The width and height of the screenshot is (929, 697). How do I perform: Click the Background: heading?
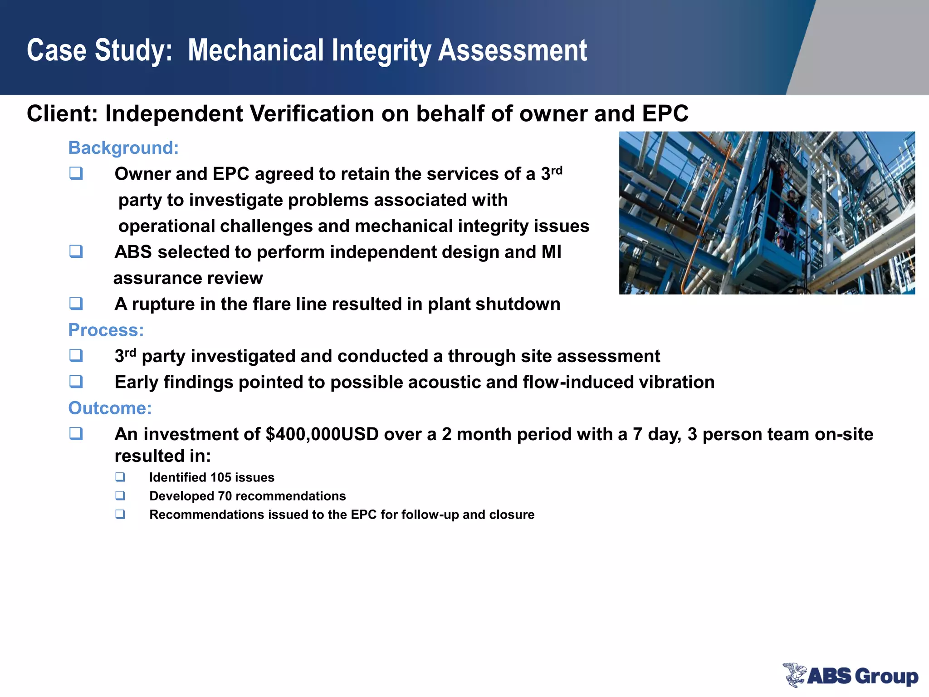(x=123, y=148)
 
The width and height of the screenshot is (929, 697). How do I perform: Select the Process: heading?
(x=106, y=330)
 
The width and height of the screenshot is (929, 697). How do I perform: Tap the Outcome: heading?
(x=110, y=408)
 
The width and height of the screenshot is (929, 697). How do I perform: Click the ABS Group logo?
(x=851, y=675)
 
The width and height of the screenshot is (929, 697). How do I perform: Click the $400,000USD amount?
(x=322, y=434)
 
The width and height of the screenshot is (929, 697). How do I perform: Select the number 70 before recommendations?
(x=225, y=496)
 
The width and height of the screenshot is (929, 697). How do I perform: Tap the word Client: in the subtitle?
(x=62, y=113)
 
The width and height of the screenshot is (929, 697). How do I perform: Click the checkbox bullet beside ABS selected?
(x=76, y=251)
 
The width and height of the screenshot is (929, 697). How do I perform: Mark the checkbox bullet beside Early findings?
(x=76, y=382)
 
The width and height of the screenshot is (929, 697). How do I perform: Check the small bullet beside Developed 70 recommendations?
(x=120, y=496)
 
